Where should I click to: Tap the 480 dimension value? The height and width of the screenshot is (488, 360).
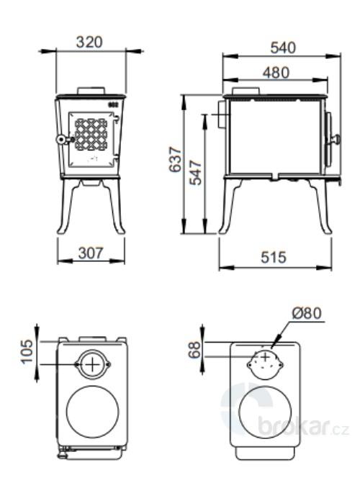(x=276, y=72)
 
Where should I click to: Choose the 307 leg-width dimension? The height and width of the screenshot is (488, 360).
(x=91, y=253)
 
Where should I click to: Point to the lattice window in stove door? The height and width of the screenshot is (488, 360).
(x=91, y=133)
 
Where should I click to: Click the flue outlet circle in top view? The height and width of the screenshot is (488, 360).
(x=92, y=365)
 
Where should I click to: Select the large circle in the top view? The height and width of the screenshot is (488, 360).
(x=92, y=414)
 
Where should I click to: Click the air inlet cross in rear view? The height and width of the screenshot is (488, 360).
(x=264, y=357)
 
